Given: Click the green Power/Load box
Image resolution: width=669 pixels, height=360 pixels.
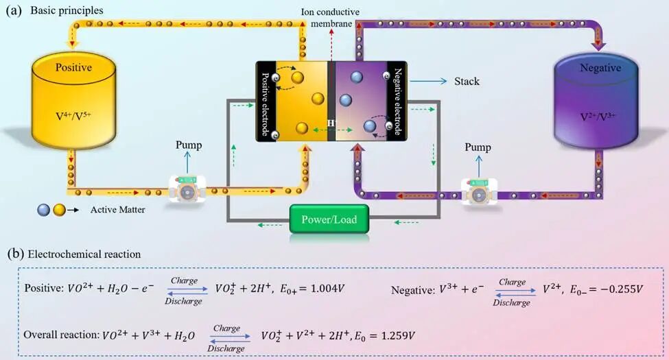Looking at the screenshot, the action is (329, 219).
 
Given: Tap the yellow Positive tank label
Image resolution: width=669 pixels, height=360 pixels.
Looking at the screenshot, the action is (73, 67).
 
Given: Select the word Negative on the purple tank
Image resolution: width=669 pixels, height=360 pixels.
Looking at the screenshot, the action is (600, 68).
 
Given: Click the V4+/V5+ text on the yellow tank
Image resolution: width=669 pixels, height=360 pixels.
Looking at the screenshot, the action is (73, 116).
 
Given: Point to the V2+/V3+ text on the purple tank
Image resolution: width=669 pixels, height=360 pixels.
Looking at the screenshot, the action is (598, 117).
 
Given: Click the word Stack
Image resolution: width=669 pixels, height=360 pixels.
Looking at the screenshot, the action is (467, 81).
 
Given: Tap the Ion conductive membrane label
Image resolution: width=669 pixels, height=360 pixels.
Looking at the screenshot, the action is (330, 18).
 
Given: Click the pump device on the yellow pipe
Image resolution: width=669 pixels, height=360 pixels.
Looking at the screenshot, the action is (187, 189).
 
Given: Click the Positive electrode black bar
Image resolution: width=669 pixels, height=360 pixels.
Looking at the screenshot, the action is (266, 101).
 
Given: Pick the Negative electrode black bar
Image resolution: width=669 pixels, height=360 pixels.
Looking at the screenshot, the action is (397, 101).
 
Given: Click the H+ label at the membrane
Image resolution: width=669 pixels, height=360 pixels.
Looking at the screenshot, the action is (332, 123).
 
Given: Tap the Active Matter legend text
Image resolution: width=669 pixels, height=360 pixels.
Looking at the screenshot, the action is (118, 209).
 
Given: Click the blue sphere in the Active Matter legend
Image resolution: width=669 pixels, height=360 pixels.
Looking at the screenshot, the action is (43, 210).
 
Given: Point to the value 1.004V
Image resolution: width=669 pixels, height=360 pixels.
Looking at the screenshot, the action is (327, 289).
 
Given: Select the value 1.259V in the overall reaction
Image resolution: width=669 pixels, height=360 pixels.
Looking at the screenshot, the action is (398, 336).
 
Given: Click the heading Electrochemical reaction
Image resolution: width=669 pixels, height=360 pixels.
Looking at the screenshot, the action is (84, 254).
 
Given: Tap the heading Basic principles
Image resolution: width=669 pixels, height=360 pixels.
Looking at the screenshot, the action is (67, 10).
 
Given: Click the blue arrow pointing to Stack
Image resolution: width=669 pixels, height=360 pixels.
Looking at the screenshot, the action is (428, 81).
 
